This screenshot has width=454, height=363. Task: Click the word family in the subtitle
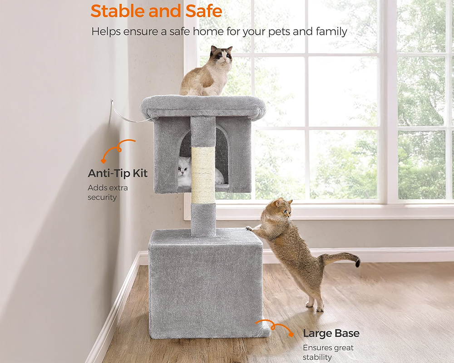(x=330, y=31)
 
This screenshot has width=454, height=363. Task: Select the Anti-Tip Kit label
(x=118, y=173)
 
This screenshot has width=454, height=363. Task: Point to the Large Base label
(x=331, y=333)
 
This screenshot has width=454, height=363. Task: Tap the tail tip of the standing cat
(x=357, y=262)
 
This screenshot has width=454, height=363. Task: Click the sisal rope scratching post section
(x=202, y=175)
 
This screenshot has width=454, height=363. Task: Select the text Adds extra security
(x=108, y=192)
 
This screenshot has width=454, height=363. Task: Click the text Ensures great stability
(x=328, y=353)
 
